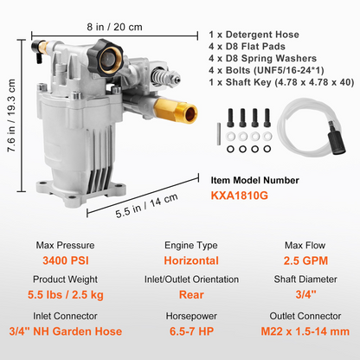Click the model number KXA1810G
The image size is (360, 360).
click(x=239, y=196)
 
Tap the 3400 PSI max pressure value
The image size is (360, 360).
click(x=66, y=260)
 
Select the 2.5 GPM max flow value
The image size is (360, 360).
click(x=305, y=260)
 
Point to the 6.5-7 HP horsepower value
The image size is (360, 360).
click(x=191, y=331)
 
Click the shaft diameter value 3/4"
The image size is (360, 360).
click(x=305, y=294)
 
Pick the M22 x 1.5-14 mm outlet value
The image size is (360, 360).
click(x=305, y=331)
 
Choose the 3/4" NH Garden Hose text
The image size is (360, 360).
click(x=66, y=331)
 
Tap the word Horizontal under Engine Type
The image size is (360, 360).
click(x=191, y=260)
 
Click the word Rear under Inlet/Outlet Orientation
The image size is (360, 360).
click(x=191, y=294)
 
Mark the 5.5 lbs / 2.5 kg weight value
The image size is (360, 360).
click(x=66, y=295)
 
